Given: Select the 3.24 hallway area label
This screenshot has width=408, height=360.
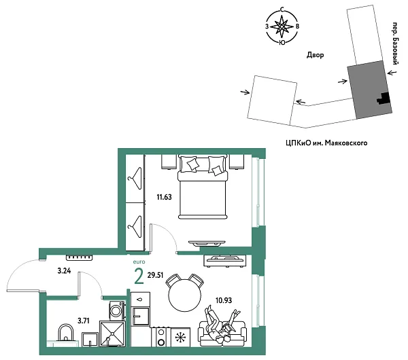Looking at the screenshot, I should (65, 271).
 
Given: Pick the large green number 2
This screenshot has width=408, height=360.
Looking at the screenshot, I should (139, 276).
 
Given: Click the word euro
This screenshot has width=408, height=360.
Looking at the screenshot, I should (138, 261).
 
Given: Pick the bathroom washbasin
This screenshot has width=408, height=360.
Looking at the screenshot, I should (66, 334).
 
